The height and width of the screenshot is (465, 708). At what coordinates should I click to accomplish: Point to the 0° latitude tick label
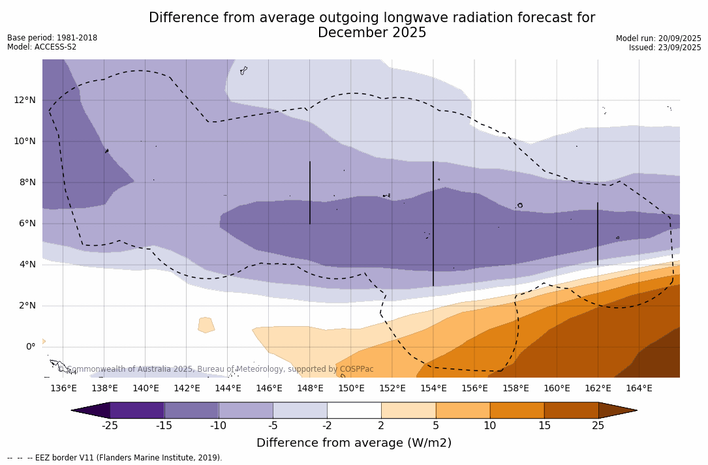31,347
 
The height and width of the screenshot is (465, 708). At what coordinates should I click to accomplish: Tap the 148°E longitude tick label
310,389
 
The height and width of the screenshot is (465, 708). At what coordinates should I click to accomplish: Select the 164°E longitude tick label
639,389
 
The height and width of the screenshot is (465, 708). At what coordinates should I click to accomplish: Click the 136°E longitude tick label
63,389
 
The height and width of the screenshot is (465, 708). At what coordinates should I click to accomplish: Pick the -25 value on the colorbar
110,426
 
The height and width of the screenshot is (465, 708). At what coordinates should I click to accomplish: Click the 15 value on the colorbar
544,426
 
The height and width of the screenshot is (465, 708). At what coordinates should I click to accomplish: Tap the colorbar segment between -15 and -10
191,410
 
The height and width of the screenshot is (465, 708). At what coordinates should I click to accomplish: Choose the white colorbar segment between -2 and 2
354,410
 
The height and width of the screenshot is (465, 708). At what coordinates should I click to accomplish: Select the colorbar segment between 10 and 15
516,410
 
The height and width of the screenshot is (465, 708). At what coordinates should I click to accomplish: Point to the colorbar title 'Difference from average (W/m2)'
354,443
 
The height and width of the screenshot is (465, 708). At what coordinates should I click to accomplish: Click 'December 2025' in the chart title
372,33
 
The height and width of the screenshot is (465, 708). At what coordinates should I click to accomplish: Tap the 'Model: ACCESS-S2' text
42,47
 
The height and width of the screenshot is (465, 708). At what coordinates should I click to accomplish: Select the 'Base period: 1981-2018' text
52,38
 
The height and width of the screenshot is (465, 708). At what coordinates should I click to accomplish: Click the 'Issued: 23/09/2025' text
665,48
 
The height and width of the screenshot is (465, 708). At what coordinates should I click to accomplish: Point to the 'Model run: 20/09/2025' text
658,38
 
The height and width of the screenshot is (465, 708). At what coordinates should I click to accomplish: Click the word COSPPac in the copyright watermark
356,369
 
